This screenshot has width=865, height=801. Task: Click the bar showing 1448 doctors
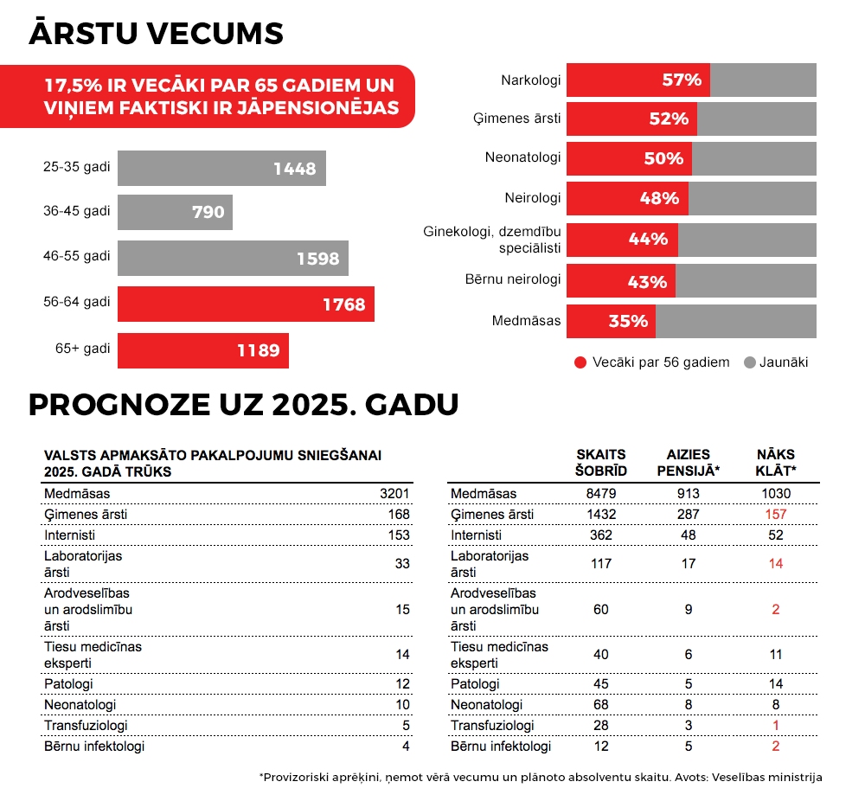tap(221, 169)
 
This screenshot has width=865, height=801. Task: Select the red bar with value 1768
tap(246, 304)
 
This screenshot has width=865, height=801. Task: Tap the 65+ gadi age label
tap(83, 349)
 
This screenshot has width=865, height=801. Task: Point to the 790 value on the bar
tap(208, 212)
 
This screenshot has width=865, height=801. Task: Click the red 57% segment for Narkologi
tap(638, 80)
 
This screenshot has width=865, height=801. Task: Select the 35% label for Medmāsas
tap(628, 321)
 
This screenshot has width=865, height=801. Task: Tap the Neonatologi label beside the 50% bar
tap(523, 157)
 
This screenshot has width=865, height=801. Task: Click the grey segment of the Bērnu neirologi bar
tap(746, 281)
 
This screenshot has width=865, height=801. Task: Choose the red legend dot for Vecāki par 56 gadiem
tap(580, 362)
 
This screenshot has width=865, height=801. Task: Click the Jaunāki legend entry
tap(776, 362)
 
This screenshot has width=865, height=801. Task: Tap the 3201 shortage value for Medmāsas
tap(394, 494)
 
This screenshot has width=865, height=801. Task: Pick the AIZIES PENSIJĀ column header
tap(688, 463)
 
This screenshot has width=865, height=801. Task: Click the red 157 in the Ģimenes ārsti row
tap(776, 515)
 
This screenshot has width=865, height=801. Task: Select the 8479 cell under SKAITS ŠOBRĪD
tap(601, 494)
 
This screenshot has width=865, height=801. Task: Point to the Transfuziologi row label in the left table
tap(86, 726)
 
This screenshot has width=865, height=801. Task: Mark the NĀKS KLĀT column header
tap(776, 463)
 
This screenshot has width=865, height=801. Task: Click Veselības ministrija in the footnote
tap(766, 778)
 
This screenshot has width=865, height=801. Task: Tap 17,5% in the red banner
tap(73, 85)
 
